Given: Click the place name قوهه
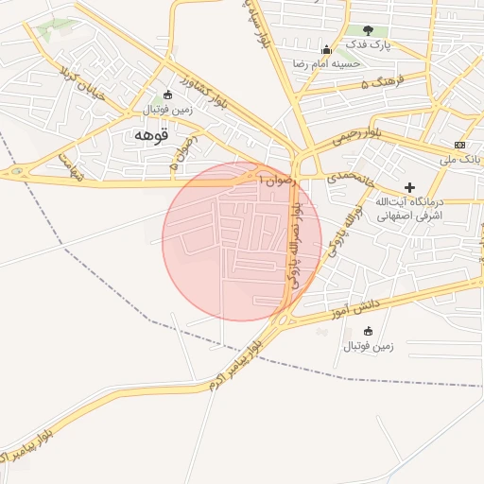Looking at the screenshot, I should tap(151, 135).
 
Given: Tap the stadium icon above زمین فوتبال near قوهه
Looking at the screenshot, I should tap(168, 94).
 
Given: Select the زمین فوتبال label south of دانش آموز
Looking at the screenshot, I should tap(368, 347).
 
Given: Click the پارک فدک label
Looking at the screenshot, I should tap(367, 44).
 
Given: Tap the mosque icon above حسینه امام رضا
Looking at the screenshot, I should tap(326, 50).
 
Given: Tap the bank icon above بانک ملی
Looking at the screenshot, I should tap(459, 145).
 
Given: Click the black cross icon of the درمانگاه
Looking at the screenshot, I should tap(409, 187).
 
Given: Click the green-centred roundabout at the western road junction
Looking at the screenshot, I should tap(16, 172).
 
